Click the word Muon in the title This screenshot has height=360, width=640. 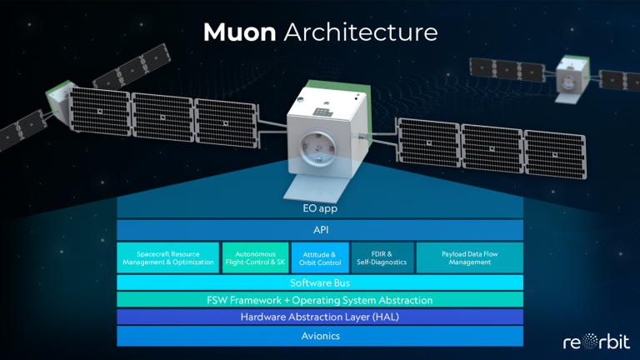pos(240,32)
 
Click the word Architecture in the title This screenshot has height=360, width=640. pos(361,32)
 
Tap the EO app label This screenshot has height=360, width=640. pos(320,208)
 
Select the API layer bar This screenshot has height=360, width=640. pos(320,230)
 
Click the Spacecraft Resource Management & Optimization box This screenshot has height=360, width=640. pos(168,258)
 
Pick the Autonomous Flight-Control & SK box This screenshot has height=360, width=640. pos(256,258)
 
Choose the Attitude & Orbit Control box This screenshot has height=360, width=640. pos(320,258)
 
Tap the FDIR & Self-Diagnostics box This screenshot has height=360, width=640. pos(382,258)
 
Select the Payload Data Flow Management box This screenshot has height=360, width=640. pos(470,258)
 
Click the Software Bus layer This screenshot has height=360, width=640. pos(320,282)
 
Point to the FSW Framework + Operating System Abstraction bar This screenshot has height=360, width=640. pos(320,300)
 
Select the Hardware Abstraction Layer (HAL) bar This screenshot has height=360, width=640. pos(320,317)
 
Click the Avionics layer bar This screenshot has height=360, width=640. pos(320,336)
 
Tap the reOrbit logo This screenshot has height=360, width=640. pos(597,342)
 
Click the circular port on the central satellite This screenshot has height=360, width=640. pos(317,147)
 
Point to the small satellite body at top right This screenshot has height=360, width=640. pos(572,78)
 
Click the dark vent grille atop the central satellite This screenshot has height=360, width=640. pos(322,112)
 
